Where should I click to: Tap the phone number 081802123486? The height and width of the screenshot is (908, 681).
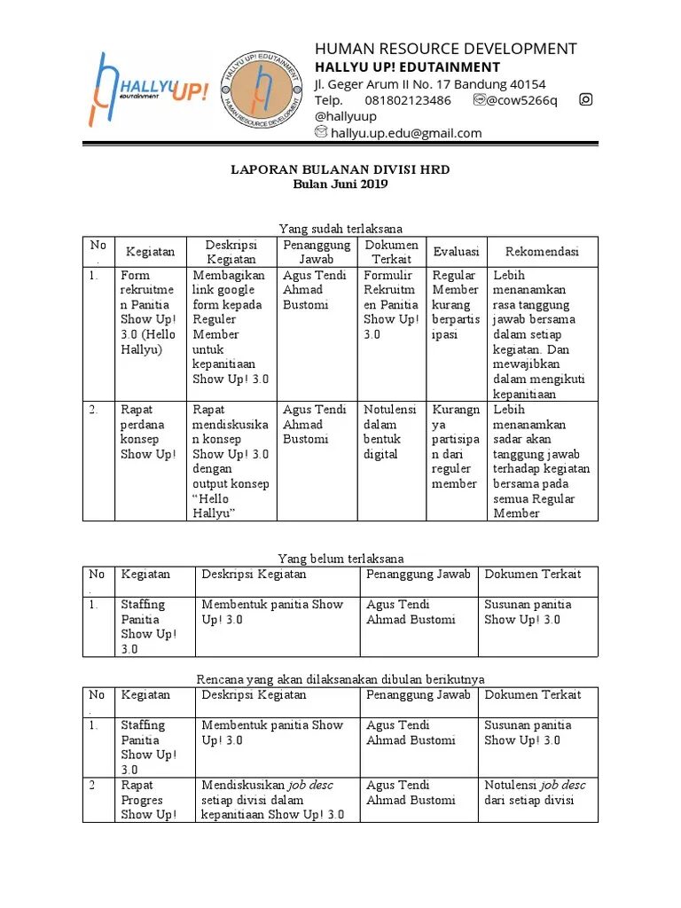[408, 100]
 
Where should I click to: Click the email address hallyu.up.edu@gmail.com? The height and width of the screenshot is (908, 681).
[406, 133]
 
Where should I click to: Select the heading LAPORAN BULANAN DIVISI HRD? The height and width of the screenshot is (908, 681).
[340, 169]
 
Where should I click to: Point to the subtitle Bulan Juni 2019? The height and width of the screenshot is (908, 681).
[340, 184]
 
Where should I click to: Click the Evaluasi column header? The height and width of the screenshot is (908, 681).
[456, 252]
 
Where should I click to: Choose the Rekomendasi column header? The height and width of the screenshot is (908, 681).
[542, 252]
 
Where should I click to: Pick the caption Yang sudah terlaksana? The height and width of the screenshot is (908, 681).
[340, 230]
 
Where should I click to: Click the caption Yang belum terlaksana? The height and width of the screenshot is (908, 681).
[340, 559]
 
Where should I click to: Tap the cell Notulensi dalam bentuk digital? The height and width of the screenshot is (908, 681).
[390, 432]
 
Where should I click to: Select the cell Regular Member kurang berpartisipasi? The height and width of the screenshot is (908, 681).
[456, 305]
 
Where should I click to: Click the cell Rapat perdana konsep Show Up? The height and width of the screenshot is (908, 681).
[148, 432]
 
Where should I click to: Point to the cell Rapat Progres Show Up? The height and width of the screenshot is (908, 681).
[148, 800]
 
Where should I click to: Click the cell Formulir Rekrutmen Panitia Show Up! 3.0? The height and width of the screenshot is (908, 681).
[390, 305]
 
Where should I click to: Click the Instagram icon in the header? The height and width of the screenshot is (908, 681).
[585, 99]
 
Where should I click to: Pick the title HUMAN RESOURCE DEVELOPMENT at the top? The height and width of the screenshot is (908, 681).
[446, 49]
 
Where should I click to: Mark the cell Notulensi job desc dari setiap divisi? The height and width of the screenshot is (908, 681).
[535, 793]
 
